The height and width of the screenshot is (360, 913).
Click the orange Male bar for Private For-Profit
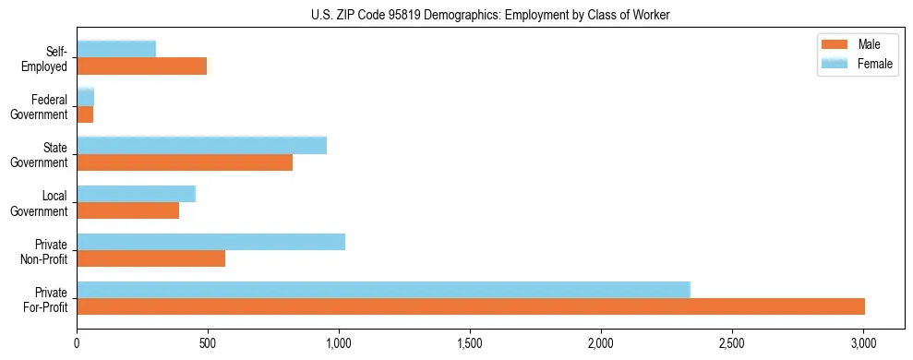tap(471, 306)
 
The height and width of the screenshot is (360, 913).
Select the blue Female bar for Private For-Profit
tap(383, 290)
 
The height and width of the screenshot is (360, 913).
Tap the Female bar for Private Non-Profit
tap(210, 242)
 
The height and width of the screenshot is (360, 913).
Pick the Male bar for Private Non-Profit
tap(150, 258)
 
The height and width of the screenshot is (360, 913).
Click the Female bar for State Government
tap(201, 146)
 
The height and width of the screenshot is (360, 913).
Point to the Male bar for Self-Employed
tap(141, 66)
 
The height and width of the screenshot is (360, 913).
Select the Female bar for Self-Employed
tap(116, 49)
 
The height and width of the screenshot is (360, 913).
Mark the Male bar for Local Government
tap(127, 210)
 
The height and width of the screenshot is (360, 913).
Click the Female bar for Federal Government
tap(85, 97)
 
